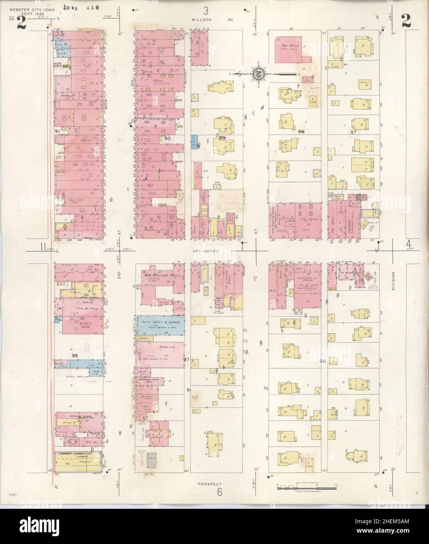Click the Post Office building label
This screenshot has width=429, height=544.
(290, 47)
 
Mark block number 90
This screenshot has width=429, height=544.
(168, 138)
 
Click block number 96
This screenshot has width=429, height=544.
(76, 355)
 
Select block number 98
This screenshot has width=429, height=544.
(323, 360)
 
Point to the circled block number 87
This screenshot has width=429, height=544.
(353, 133)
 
